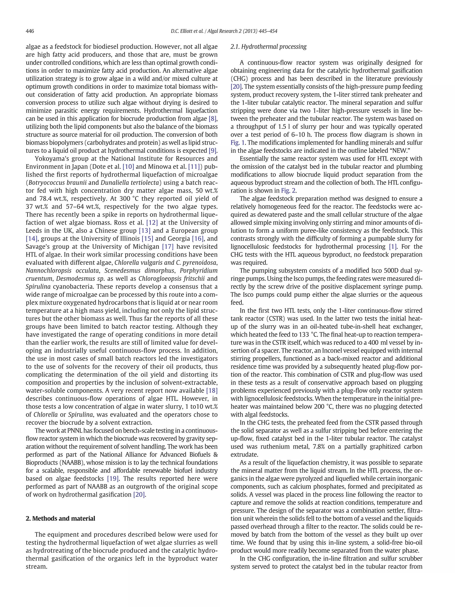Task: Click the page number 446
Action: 30,31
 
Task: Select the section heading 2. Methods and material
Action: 60,518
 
